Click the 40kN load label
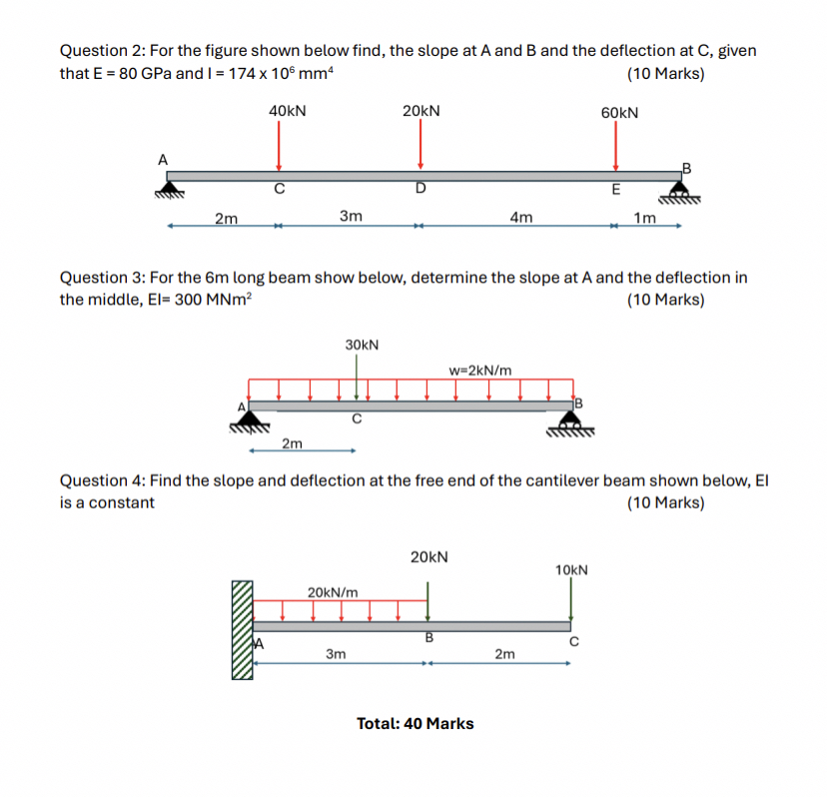coord(287,112)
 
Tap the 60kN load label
coord(619,113)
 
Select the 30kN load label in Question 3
coord(362,345)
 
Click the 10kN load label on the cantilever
coord(571,570)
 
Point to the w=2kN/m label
coord(481,370)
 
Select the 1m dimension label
coord(645,219)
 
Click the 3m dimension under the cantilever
coord(337,654)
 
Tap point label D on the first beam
coord(420,188)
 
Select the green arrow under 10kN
coord(570,600)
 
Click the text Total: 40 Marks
coord(415,723)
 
